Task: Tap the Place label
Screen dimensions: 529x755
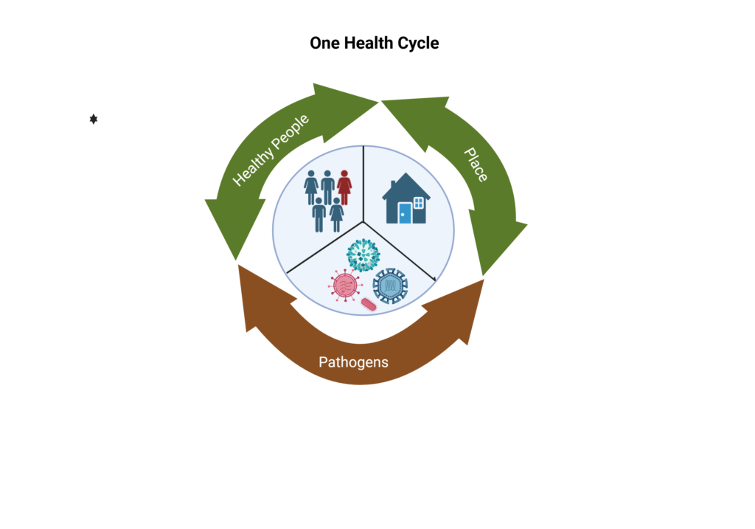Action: point(476,164)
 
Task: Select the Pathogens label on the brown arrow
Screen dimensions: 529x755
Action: point(353,362)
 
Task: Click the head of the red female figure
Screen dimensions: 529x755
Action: point(344,174)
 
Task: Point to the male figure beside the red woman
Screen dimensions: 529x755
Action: point(327,187)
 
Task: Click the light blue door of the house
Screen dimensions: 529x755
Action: point(405,213)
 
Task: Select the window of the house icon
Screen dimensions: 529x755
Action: point(419,202)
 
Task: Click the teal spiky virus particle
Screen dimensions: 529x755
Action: point(363,255)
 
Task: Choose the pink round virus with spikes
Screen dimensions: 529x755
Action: point(344,285)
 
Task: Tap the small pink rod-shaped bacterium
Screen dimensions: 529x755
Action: point(369,304)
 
